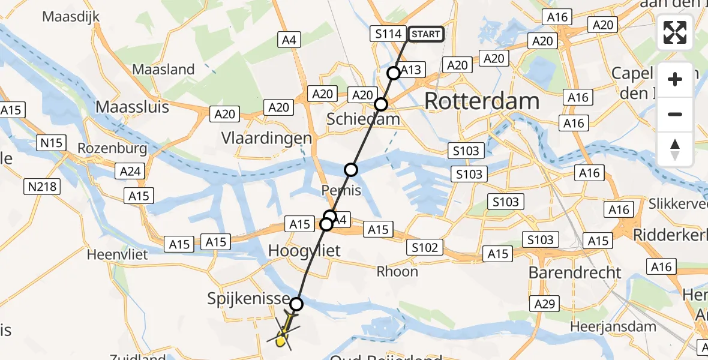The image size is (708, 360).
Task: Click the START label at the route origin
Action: point(425,34)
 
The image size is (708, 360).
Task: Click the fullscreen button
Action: point(675,33)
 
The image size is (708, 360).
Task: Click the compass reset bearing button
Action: point(675,149)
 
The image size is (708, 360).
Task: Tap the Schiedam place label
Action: point(363,119)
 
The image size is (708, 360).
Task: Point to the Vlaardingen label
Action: point(266,137)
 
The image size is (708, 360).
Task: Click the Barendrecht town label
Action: point(575,272)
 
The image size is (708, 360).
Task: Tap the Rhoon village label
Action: point(397,271)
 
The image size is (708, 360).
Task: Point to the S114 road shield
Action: point(388,34)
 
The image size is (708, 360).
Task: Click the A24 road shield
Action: point(130,172)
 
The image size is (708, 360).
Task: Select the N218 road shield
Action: point(43,187)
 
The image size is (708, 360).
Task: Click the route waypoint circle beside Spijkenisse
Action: point(296,304)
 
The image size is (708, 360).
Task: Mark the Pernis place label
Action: point(341,191)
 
